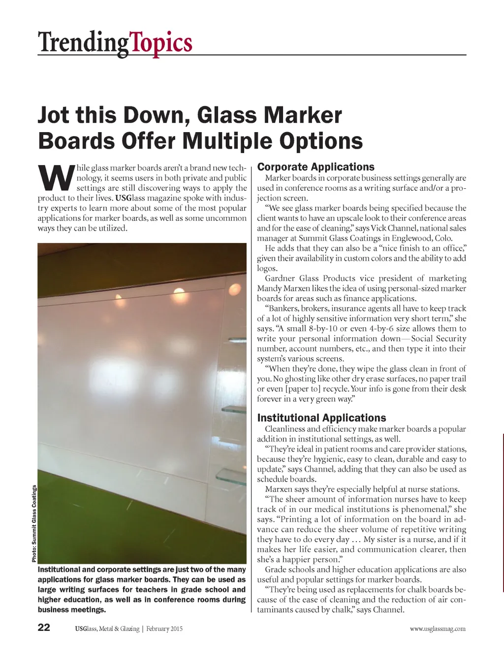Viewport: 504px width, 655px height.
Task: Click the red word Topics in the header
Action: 161,43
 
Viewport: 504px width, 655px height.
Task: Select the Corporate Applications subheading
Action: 315,167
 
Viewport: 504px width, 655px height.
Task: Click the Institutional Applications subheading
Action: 321,418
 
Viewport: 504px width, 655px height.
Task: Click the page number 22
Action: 44,628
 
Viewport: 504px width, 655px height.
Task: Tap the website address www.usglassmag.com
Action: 437,629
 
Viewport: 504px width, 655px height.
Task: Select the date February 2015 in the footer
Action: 164,629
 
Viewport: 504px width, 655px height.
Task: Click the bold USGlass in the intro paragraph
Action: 131,198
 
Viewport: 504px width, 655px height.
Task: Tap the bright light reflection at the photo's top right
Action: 235,288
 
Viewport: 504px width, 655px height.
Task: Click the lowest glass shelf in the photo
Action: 231,475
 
